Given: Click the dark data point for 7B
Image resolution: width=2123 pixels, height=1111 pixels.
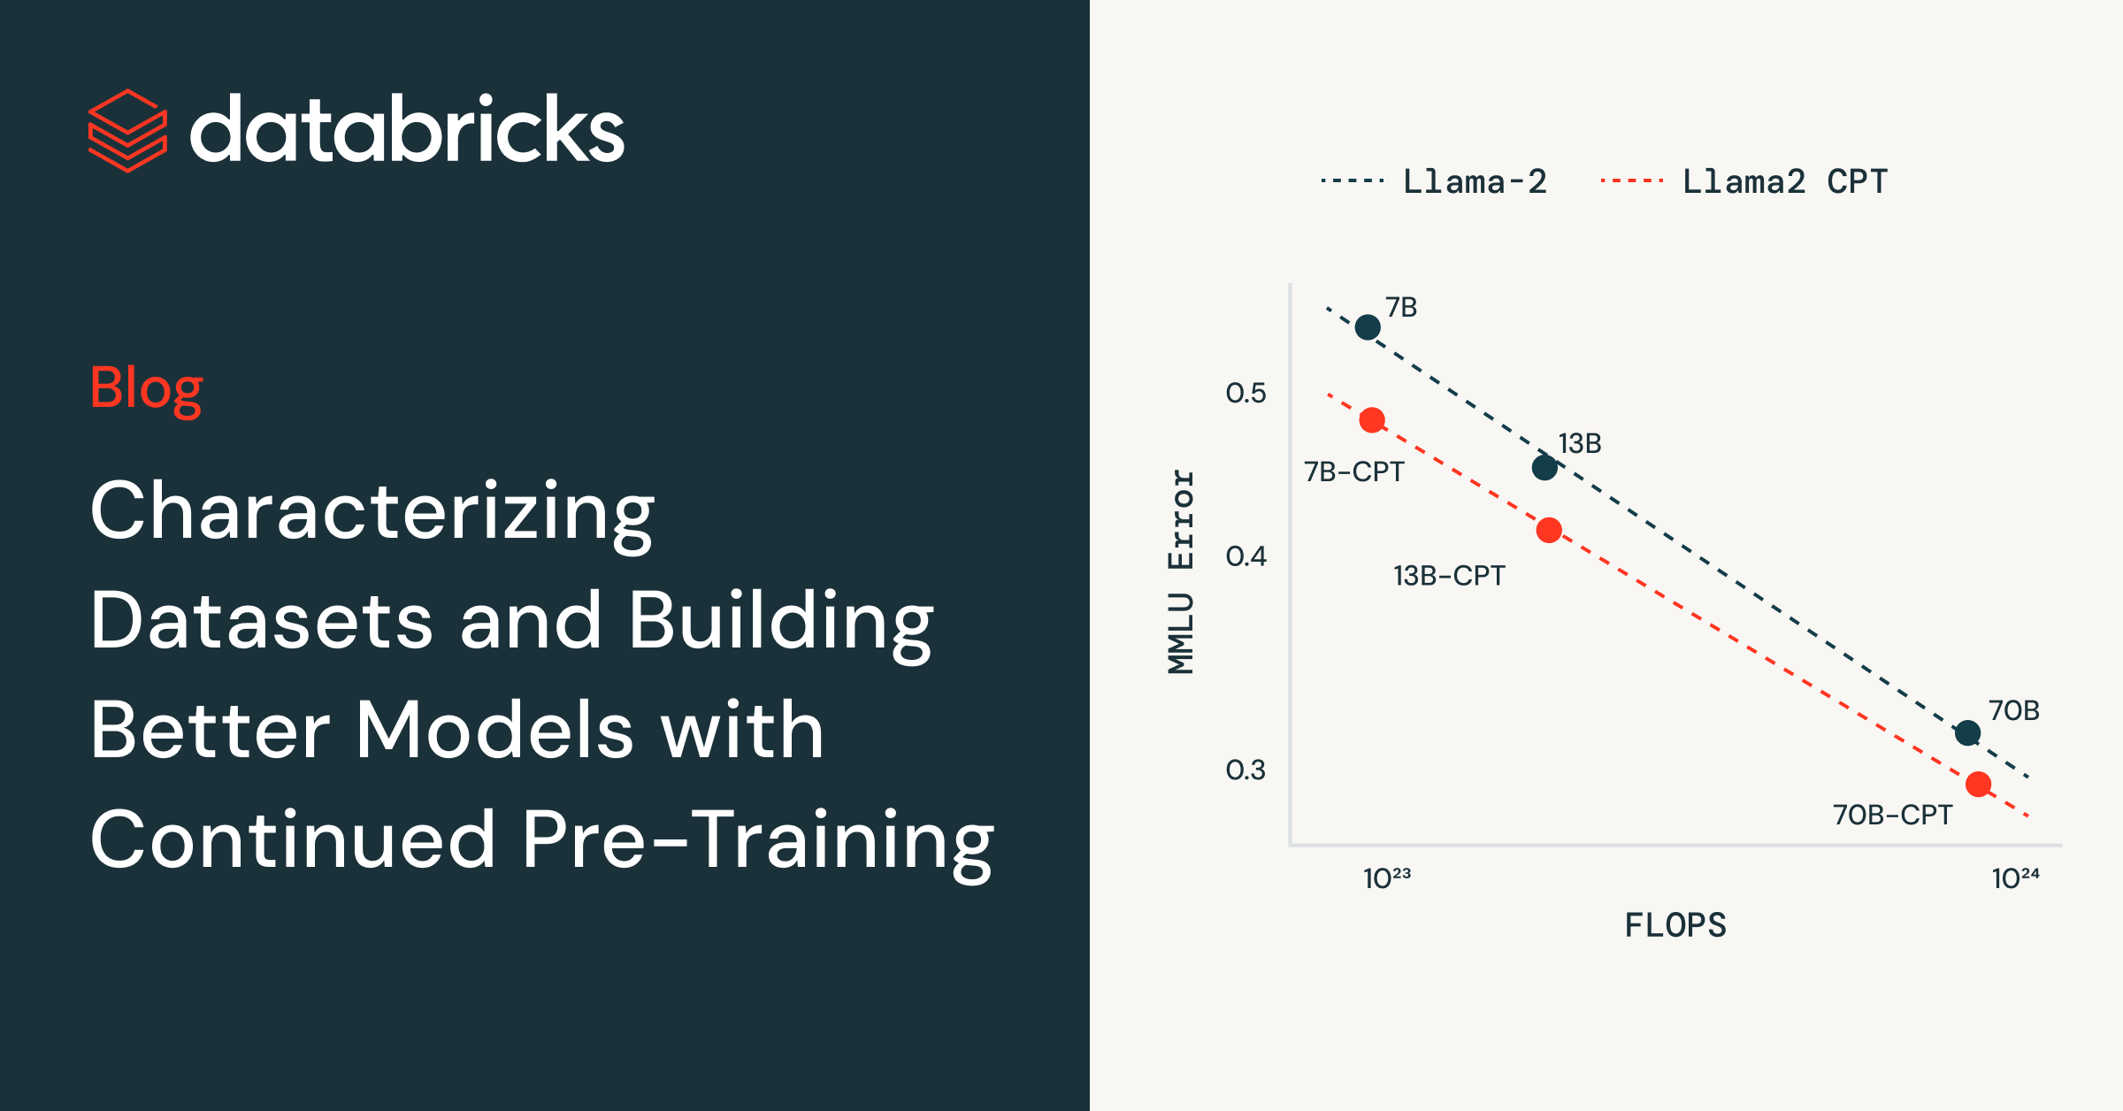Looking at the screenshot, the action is [1368, 327].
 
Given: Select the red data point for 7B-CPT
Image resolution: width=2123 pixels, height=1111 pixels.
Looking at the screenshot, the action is [1372, 420].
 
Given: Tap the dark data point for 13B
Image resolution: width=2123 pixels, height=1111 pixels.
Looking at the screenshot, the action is [1544, 468].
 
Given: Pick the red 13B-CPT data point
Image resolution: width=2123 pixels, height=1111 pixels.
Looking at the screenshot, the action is [1549, 531].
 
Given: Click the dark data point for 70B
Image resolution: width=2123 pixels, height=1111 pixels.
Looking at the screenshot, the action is [1967, 732].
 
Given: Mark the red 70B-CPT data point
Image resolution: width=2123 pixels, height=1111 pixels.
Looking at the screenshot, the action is [1978, 785].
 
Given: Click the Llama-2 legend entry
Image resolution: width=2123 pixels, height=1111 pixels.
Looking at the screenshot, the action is [1433, 181].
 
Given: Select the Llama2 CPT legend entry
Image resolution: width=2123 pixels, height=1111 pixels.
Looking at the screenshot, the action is [1744, 181].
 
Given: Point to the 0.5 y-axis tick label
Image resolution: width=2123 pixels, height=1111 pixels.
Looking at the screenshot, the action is [1245, 393].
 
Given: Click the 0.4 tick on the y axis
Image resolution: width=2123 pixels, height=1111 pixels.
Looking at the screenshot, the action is [1245, 556].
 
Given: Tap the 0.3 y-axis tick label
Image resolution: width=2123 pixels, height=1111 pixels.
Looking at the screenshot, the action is [1245, 770].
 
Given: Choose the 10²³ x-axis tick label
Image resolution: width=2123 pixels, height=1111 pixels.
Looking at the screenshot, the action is [1387, 877].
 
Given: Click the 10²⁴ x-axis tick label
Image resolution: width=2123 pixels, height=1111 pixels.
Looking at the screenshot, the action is [2015, 877].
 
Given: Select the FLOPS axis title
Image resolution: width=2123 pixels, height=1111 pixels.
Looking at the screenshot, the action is [1675, 925].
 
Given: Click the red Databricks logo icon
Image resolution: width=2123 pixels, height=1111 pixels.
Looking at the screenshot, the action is [127, 131].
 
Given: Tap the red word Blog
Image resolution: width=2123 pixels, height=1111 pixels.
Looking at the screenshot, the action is [146, 389].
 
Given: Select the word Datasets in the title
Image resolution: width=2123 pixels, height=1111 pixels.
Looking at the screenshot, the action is [262, 620].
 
